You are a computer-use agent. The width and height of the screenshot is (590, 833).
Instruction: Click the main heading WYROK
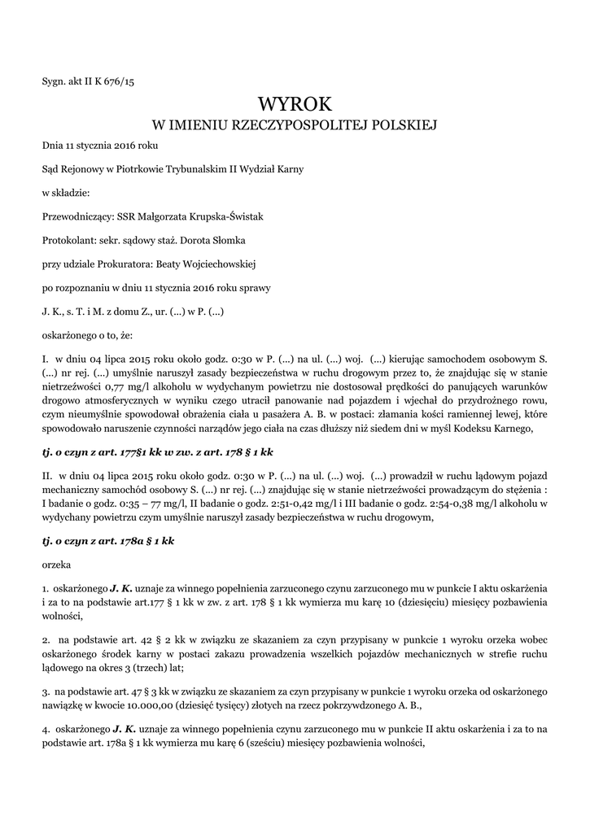[x=295, y=103]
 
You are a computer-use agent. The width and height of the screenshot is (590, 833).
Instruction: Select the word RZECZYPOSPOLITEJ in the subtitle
[x=300, y=125]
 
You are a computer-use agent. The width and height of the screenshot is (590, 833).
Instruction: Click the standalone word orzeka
[x=57, y=563]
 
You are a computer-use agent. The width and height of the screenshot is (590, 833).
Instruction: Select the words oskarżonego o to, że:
[x=81, y=334]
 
